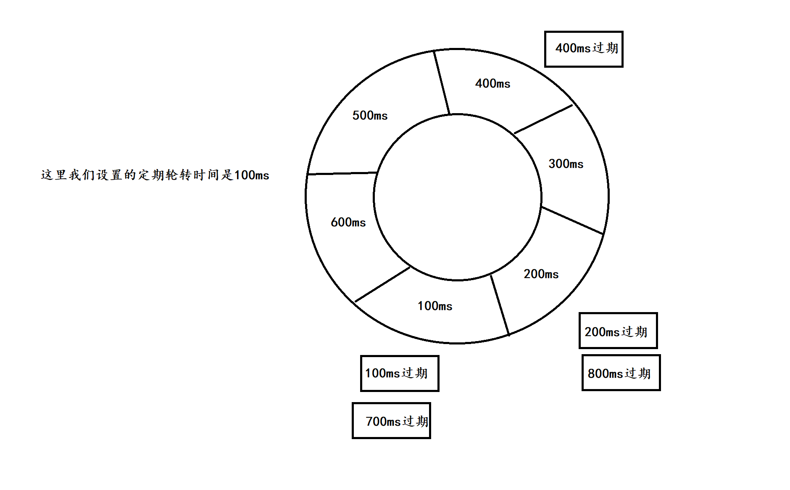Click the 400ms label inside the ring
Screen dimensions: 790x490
492,84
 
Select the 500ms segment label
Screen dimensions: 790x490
370,116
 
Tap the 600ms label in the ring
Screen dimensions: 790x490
348,222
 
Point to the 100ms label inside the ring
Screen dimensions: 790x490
435,306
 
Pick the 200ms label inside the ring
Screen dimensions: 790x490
541,274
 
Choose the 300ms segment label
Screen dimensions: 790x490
566,164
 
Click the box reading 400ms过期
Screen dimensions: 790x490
584,49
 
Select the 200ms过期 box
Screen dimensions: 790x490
618,331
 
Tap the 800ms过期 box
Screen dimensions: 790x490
621,373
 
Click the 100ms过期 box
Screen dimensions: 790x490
400,373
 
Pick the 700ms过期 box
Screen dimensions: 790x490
391,421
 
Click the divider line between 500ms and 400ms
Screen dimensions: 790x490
442,82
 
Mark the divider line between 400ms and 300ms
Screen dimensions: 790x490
543,119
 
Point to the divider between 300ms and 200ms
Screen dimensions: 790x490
572,220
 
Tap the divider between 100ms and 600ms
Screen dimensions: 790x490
382,284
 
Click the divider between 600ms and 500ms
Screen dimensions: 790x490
342,173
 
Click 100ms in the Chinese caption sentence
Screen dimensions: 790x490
251,175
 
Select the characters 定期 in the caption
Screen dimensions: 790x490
151,175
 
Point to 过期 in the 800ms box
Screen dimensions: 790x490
638,373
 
